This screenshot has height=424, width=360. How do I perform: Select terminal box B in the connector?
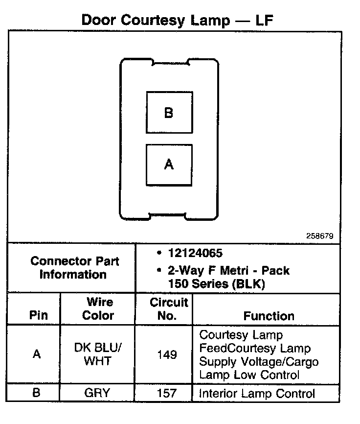(169, 113)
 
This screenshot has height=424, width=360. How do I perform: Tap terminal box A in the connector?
(169, 165)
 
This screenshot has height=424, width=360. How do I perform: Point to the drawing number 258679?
(320, 236)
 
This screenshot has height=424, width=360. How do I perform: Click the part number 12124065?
(195, 254)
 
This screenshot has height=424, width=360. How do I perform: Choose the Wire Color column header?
(98, 308)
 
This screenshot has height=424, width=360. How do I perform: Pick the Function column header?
(269, 316)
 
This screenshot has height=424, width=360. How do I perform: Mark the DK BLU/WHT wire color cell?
(98, 354)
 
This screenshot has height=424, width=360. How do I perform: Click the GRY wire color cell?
(98, 393)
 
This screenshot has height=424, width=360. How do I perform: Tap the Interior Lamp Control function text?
(257, 393)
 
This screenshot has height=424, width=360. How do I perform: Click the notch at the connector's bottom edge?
(167, 216)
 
